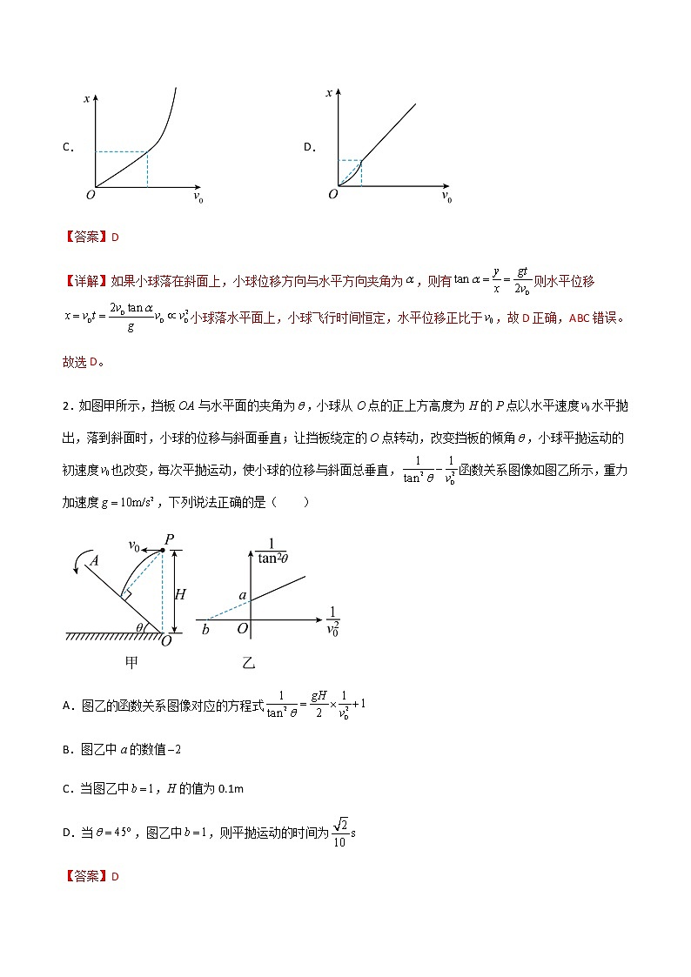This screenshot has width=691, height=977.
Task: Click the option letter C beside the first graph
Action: [x=67, y=147]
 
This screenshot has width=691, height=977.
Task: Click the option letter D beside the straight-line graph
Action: [x=308, y=147]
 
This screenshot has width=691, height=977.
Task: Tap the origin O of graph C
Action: [x=89, y=194]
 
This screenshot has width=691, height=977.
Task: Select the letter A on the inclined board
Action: [x=93, y=562]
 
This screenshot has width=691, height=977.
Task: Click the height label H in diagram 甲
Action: [x=180, y=594]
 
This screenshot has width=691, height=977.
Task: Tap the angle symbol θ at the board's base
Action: [x=141, y=625]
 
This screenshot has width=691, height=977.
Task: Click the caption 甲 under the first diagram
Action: [x=131, y=662]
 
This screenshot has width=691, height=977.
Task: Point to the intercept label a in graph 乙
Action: [x=245, y=595]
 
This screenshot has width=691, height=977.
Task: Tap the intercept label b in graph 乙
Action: [x=205, y=628]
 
